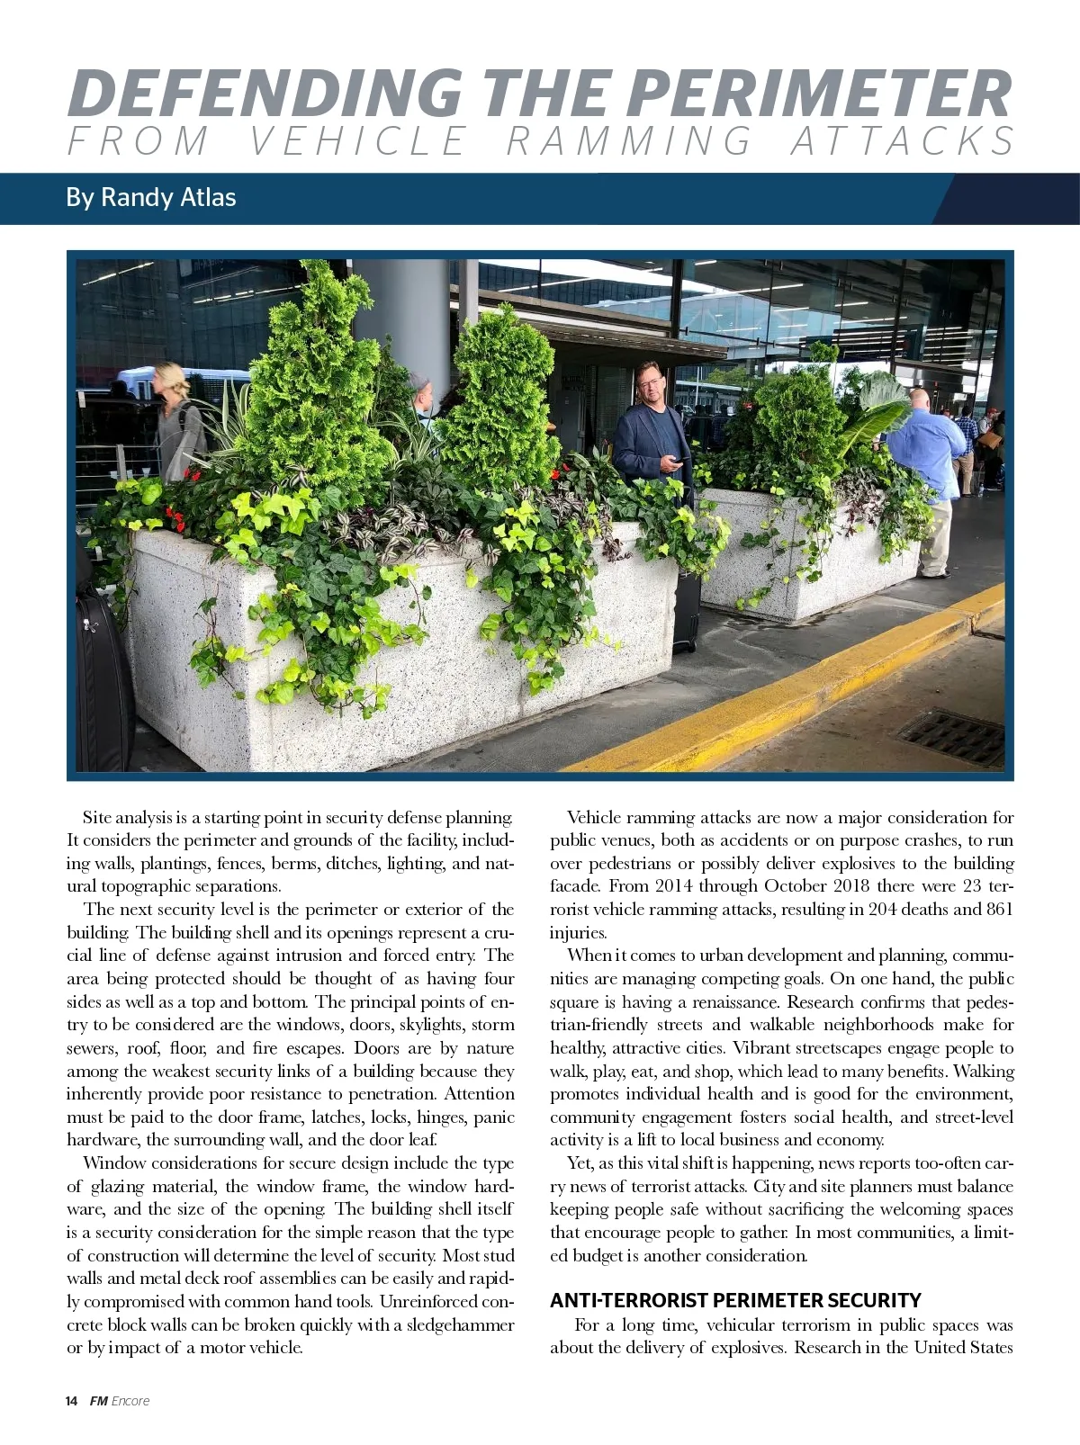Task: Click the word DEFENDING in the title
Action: coord(264,93)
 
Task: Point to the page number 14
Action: coord(72,1401)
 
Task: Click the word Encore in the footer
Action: coord(130,1401)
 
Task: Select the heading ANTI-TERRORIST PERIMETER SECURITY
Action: coord(735,1300)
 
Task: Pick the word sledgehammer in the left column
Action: coord(460,1324)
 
